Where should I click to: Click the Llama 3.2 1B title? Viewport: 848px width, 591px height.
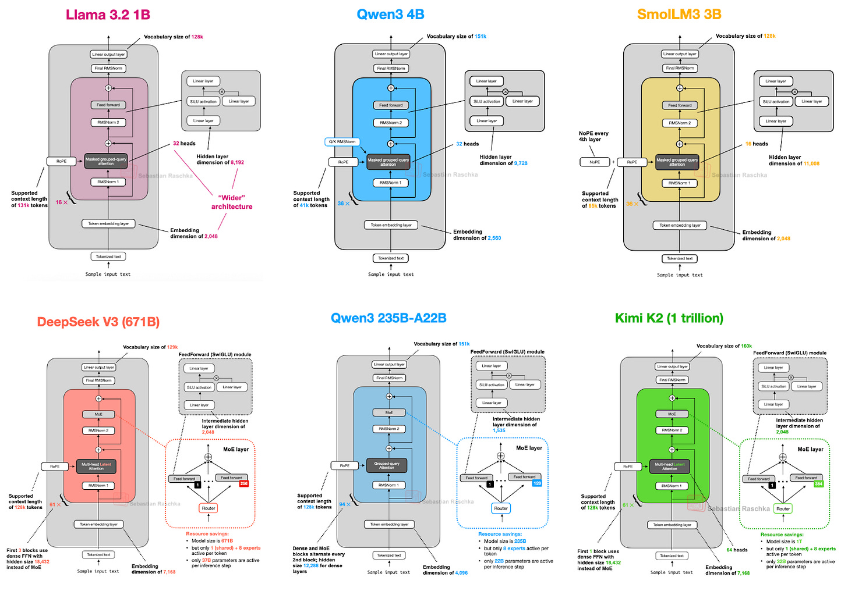(x=108, y=15)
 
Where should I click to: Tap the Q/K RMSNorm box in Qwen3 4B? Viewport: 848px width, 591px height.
(x=342, y=142)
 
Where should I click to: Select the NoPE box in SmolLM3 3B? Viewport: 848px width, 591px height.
(x=595, y=162)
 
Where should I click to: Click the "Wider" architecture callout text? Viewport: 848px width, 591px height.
(x=232, y=202)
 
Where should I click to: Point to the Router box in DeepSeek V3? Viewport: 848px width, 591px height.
(x=208, y=508)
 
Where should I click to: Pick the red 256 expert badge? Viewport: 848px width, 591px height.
(x=243, y=484)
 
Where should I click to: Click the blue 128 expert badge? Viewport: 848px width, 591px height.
(x=536, y=483)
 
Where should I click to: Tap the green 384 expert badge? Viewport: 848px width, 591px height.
(x=818, y=484)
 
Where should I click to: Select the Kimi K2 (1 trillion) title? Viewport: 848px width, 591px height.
(x=669, y=318)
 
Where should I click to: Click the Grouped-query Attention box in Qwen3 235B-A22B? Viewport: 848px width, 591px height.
(x=387, y=465)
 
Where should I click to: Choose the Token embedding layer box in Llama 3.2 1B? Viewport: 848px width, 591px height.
(x=108, y=224)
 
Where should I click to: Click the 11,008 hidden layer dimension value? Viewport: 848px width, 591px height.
(x=811, y=164)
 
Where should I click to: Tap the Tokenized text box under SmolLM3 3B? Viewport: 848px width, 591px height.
(x=680, y=259)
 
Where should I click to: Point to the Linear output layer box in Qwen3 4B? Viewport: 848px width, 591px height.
(x=391, y=54)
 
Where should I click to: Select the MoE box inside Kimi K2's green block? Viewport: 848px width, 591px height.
(x=672, y=414)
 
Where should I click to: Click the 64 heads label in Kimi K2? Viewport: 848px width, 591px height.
(x=736, y=550)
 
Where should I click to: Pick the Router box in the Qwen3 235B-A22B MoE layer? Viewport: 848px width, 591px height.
(x=500, y=508)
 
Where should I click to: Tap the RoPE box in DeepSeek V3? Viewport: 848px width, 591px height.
(x=54, y=467)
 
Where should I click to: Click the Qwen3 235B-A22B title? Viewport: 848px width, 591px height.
(x=388, y=318)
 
